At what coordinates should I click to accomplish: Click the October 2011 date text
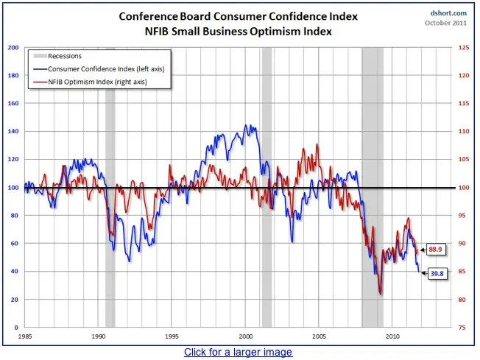446,22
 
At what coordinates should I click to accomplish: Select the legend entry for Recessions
63,55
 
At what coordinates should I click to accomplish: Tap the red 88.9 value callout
435,250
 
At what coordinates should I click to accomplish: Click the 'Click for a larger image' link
238,352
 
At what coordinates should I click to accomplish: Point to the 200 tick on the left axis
13,47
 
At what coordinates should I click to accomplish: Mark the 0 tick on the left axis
16,327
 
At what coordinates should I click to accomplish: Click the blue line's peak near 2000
247,126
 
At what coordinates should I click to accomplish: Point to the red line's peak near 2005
317,145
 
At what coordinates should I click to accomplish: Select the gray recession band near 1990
110,221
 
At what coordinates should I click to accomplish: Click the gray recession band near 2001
267,221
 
